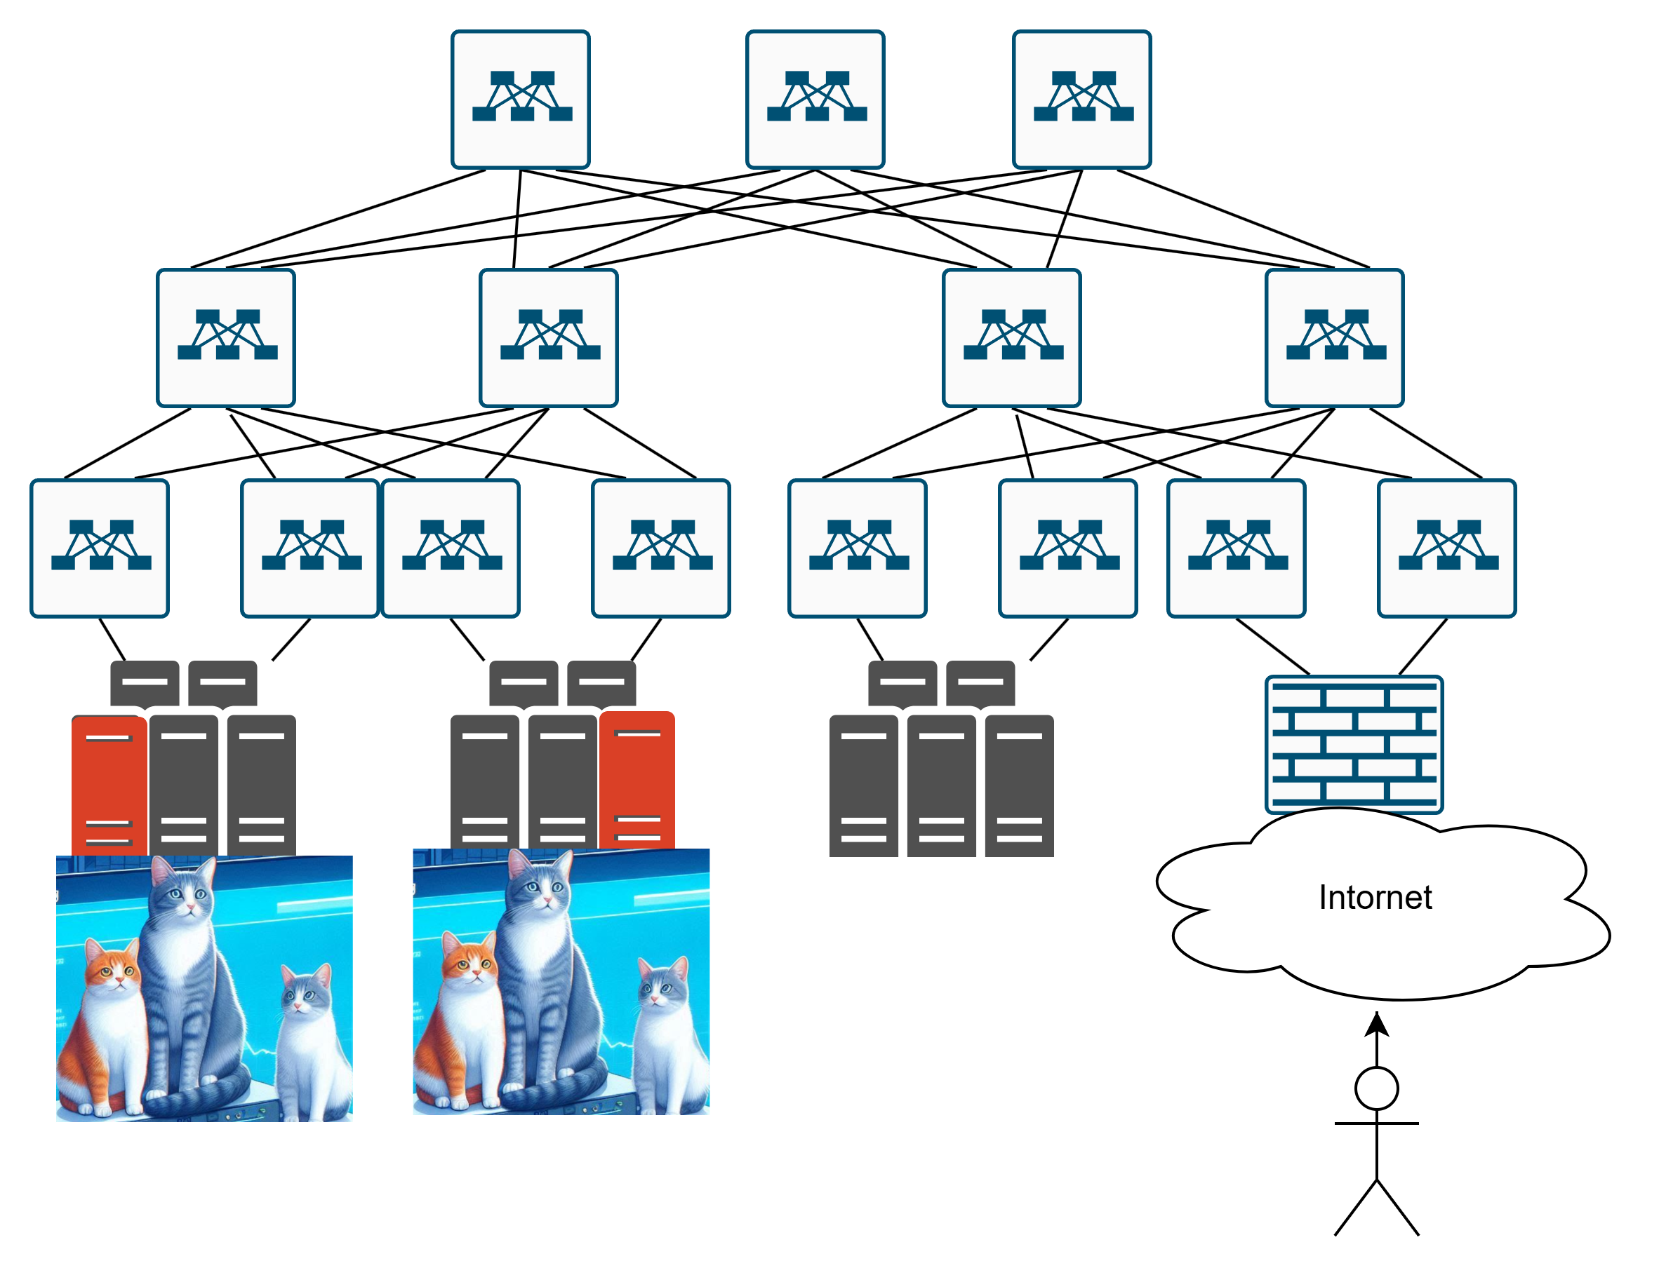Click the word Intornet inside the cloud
pos(1373,898)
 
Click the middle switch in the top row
pos(814,99)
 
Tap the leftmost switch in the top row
pos(520,99)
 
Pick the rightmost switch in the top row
pos(1081,99)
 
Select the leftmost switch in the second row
pos(225,337)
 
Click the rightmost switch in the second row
pos(1333,337)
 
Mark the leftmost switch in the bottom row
pos(99,548)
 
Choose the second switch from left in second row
pos(548,337)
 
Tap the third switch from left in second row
pos(1011,337)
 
